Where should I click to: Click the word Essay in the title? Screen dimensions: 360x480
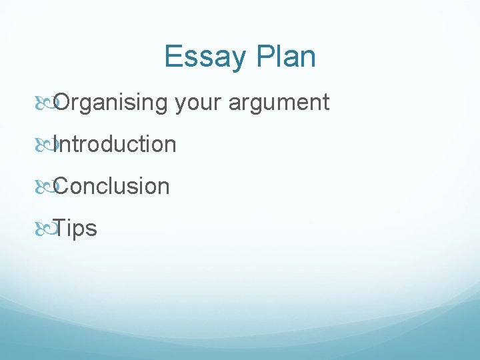click(x=203, y=57)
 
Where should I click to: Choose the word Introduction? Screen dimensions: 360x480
click(x=115, y=144)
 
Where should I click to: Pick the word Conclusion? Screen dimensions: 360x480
click(x=112, y=186)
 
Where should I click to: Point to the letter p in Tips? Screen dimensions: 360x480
click(x=81, y=231)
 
